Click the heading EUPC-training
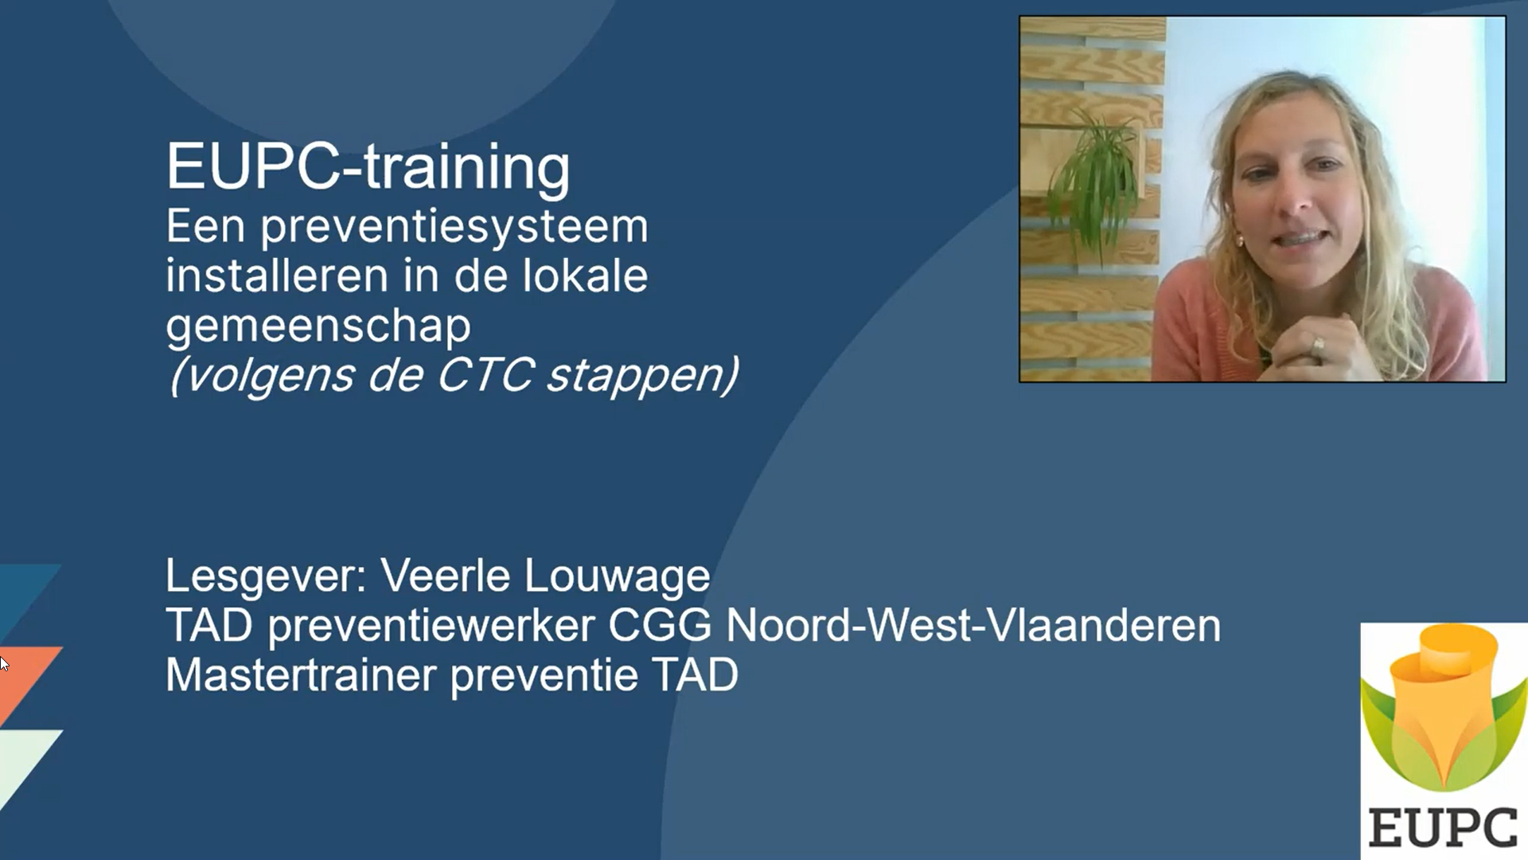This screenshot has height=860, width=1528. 368,167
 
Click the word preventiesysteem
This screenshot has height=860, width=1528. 454,228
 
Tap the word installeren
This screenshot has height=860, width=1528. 277,276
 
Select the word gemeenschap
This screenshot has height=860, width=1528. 318,326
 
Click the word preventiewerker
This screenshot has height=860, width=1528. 431,627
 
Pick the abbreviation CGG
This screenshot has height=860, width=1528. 660,625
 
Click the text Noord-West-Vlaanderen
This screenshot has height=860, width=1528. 973,625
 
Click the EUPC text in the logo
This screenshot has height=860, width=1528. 1444,828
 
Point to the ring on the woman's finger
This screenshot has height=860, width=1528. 1318,345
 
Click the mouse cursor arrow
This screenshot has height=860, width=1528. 4,663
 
